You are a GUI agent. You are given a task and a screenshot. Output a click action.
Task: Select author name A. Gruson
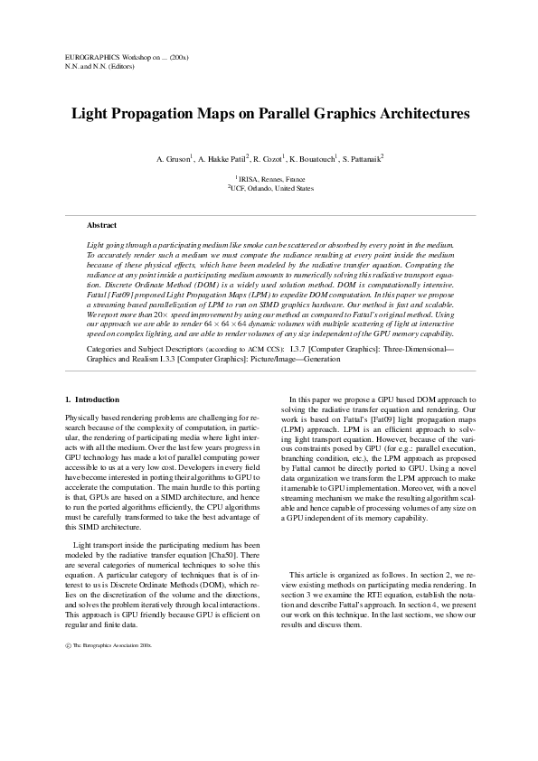[175, 159]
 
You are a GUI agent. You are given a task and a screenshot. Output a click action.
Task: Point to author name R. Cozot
[269, 159]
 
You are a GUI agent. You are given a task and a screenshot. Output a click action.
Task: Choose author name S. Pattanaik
[363, 159]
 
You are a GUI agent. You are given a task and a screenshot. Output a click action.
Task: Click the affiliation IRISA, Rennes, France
[271, 179]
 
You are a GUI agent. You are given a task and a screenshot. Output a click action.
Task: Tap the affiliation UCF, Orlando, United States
[271, 189]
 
